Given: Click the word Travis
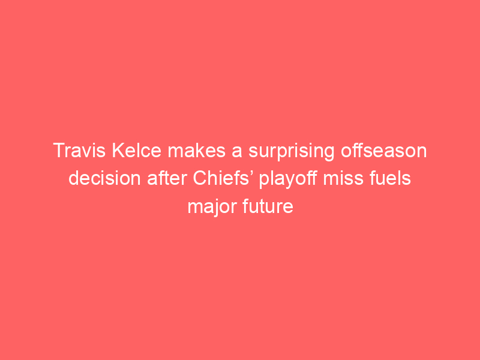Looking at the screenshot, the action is tap(79, 151).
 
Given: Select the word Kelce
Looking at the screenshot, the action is tap(137, 151).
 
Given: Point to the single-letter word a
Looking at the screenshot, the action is tap(236, 152).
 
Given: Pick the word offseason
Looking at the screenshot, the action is tap(384, 151).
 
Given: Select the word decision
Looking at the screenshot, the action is tap(104, 178).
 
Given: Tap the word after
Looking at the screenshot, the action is tap(167, 178).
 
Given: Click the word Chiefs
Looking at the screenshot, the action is tap(221, 178).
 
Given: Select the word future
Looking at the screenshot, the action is tap(268, 206).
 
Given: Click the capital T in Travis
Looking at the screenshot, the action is tap(59, 151).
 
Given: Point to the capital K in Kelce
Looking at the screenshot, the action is tap(119, 151).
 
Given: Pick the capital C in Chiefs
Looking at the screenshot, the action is tap(200, 178).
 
